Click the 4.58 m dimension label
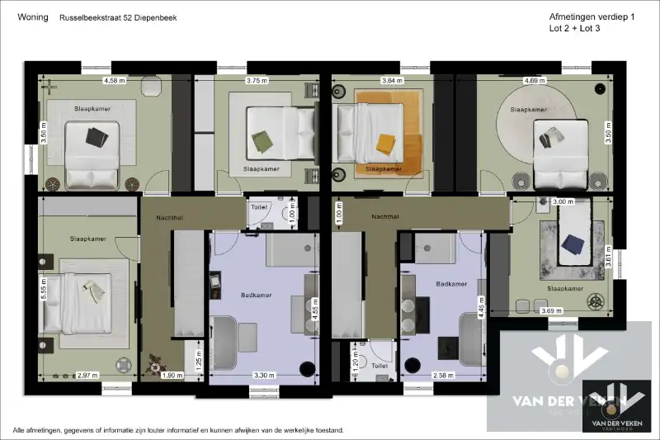click(114, 81)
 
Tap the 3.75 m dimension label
click(257, 81)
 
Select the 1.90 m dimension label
click(169, 376)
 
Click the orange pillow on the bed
click(386, 144)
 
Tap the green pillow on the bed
click(262, 141)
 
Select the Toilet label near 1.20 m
click(380, 364)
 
